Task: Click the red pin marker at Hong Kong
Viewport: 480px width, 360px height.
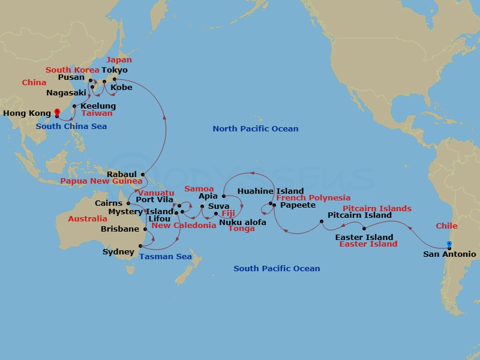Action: [x=57, y=111]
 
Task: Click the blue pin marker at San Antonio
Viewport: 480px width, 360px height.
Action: [x=449, y=244]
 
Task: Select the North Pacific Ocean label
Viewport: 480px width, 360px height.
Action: [x=255, y=129]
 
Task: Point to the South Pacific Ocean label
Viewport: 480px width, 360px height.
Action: [x=277, y=269]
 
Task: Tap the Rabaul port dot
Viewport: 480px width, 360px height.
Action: [x=143, y=175]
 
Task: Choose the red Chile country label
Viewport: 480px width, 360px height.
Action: [x=446, y=226]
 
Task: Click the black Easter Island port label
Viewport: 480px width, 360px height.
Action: [x=364, y=237]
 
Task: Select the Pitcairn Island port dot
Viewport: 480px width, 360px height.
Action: [x=322, y=222]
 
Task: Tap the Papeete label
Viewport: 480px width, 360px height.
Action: [x=298, y=205]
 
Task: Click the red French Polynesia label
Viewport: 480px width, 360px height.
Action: [x=313, y=197]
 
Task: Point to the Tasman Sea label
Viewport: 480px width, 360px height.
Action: [x=166, y=257]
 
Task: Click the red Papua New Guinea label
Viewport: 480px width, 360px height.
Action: [x=101, y=181]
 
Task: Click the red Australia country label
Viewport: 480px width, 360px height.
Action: [x=88, y=219]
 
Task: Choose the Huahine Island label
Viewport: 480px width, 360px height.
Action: [x=271, y=191]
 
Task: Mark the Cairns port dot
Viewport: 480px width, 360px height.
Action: [x=128, y=203]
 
